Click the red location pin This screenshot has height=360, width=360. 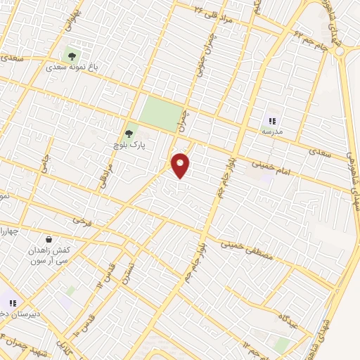point(181,165)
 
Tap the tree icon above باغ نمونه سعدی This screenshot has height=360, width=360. point(71,53)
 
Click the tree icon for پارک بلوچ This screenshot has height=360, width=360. point(129,132)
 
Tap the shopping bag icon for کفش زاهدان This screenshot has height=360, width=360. point(48,239)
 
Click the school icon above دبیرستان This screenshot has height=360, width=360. point(13,302)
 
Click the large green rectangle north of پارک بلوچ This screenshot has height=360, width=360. point(161,112)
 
